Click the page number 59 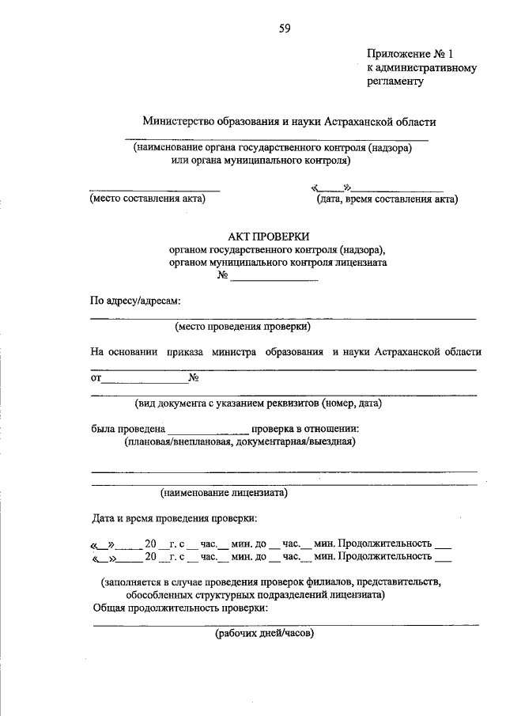click(285, 29)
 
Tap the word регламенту click(396, 80)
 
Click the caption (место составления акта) click(147, 199)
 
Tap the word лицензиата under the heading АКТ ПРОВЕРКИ click(361, 261)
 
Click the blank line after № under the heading click(274, 277)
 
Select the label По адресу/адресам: click(135, 301)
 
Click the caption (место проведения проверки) click(243, 326)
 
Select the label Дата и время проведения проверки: click(174, 519)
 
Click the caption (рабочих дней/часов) click(265, 634)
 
